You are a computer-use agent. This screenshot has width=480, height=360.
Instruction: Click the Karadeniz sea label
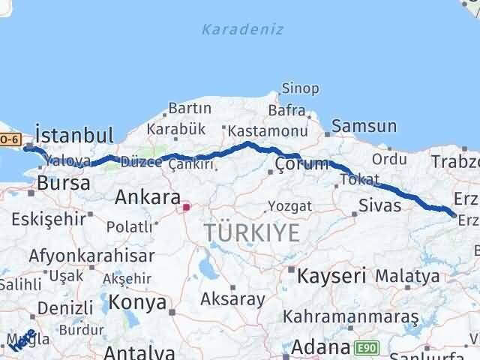(232, 29)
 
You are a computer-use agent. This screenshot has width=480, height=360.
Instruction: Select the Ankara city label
(147, 198)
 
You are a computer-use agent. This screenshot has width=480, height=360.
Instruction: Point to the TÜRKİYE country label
(250, 232)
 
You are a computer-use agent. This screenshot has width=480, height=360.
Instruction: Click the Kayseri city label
(331, 275)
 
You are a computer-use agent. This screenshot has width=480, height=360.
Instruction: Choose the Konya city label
(137, 302)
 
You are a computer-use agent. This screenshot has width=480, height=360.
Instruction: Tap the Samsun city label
(364, 126)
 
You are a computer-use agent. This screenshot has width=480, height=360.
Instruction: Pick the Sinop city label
(300, 88)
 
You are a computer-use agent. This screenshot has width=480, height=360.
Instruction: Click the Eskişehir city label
(47, 220)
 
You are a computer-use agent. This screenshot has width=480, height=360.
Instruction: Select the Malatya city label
(407, 276)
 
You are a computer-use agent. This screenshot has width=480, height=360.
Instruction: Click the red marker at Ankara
(186, 204)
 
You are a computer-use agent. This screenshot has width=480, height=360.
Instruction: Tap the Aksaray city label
(232, 298)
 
